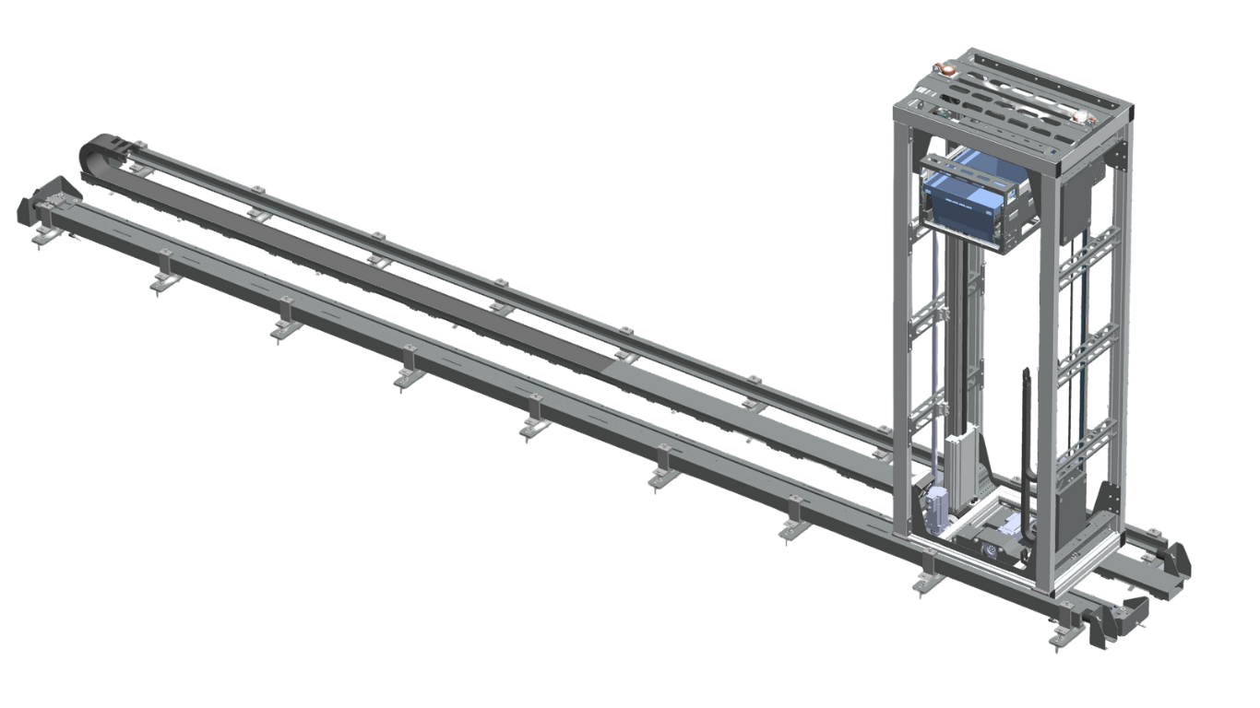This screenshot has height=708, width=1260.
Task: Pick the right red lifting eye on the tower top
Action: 1078,117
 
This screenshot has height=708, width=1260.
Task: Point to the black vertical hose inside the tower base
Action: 1026,433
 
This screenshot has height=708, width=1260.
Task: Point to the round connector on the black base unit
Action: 992,550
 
